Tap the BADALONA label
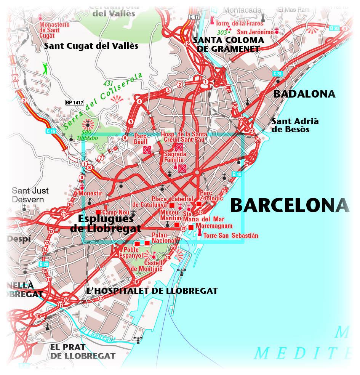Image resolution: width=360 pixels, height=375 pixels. coord(304,94)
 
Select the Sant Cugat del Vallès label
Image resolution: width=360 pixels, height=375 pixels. coord(91,46)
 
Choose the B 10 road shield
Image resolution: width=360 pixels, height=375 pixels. coord(236,175)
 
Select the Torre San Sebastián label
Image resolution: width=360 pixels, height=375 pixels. coord(231,236)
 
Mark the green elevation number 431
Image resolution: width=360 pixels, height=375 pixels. coord(109,83)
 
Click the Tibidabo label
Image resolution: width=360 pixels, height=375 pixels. coord(84,138)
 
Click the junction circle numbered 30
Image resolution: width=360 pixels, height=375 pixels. coord(228,87)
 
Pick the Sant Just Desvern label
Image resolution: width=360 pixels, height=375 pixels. coord(27,195)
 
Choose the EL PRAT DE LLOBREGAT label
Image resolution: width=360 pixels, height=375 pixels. coord(83,352)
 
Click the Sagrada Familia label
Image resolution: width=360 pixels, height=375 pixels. coord(175,157)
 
